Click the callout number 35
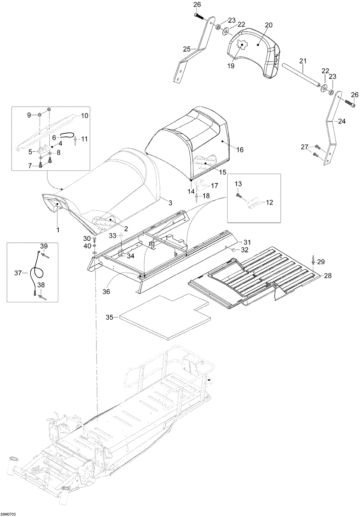click(109, 317)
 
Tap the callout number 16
click(240, 150)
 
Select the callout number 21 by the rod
click(303, 61)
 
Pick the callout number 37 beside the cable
click(18, 273)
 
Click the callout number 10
click(85, 116)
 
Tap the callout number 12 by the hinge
click(269, 202)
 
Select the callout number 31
click(247, 242)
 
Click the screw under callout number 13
click(239, 196)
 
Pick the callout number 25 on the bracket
click(187, 49)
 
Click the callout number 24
click(342, 121)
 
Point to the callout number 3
click(170, 203)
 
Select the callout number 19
click(231, 66)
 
